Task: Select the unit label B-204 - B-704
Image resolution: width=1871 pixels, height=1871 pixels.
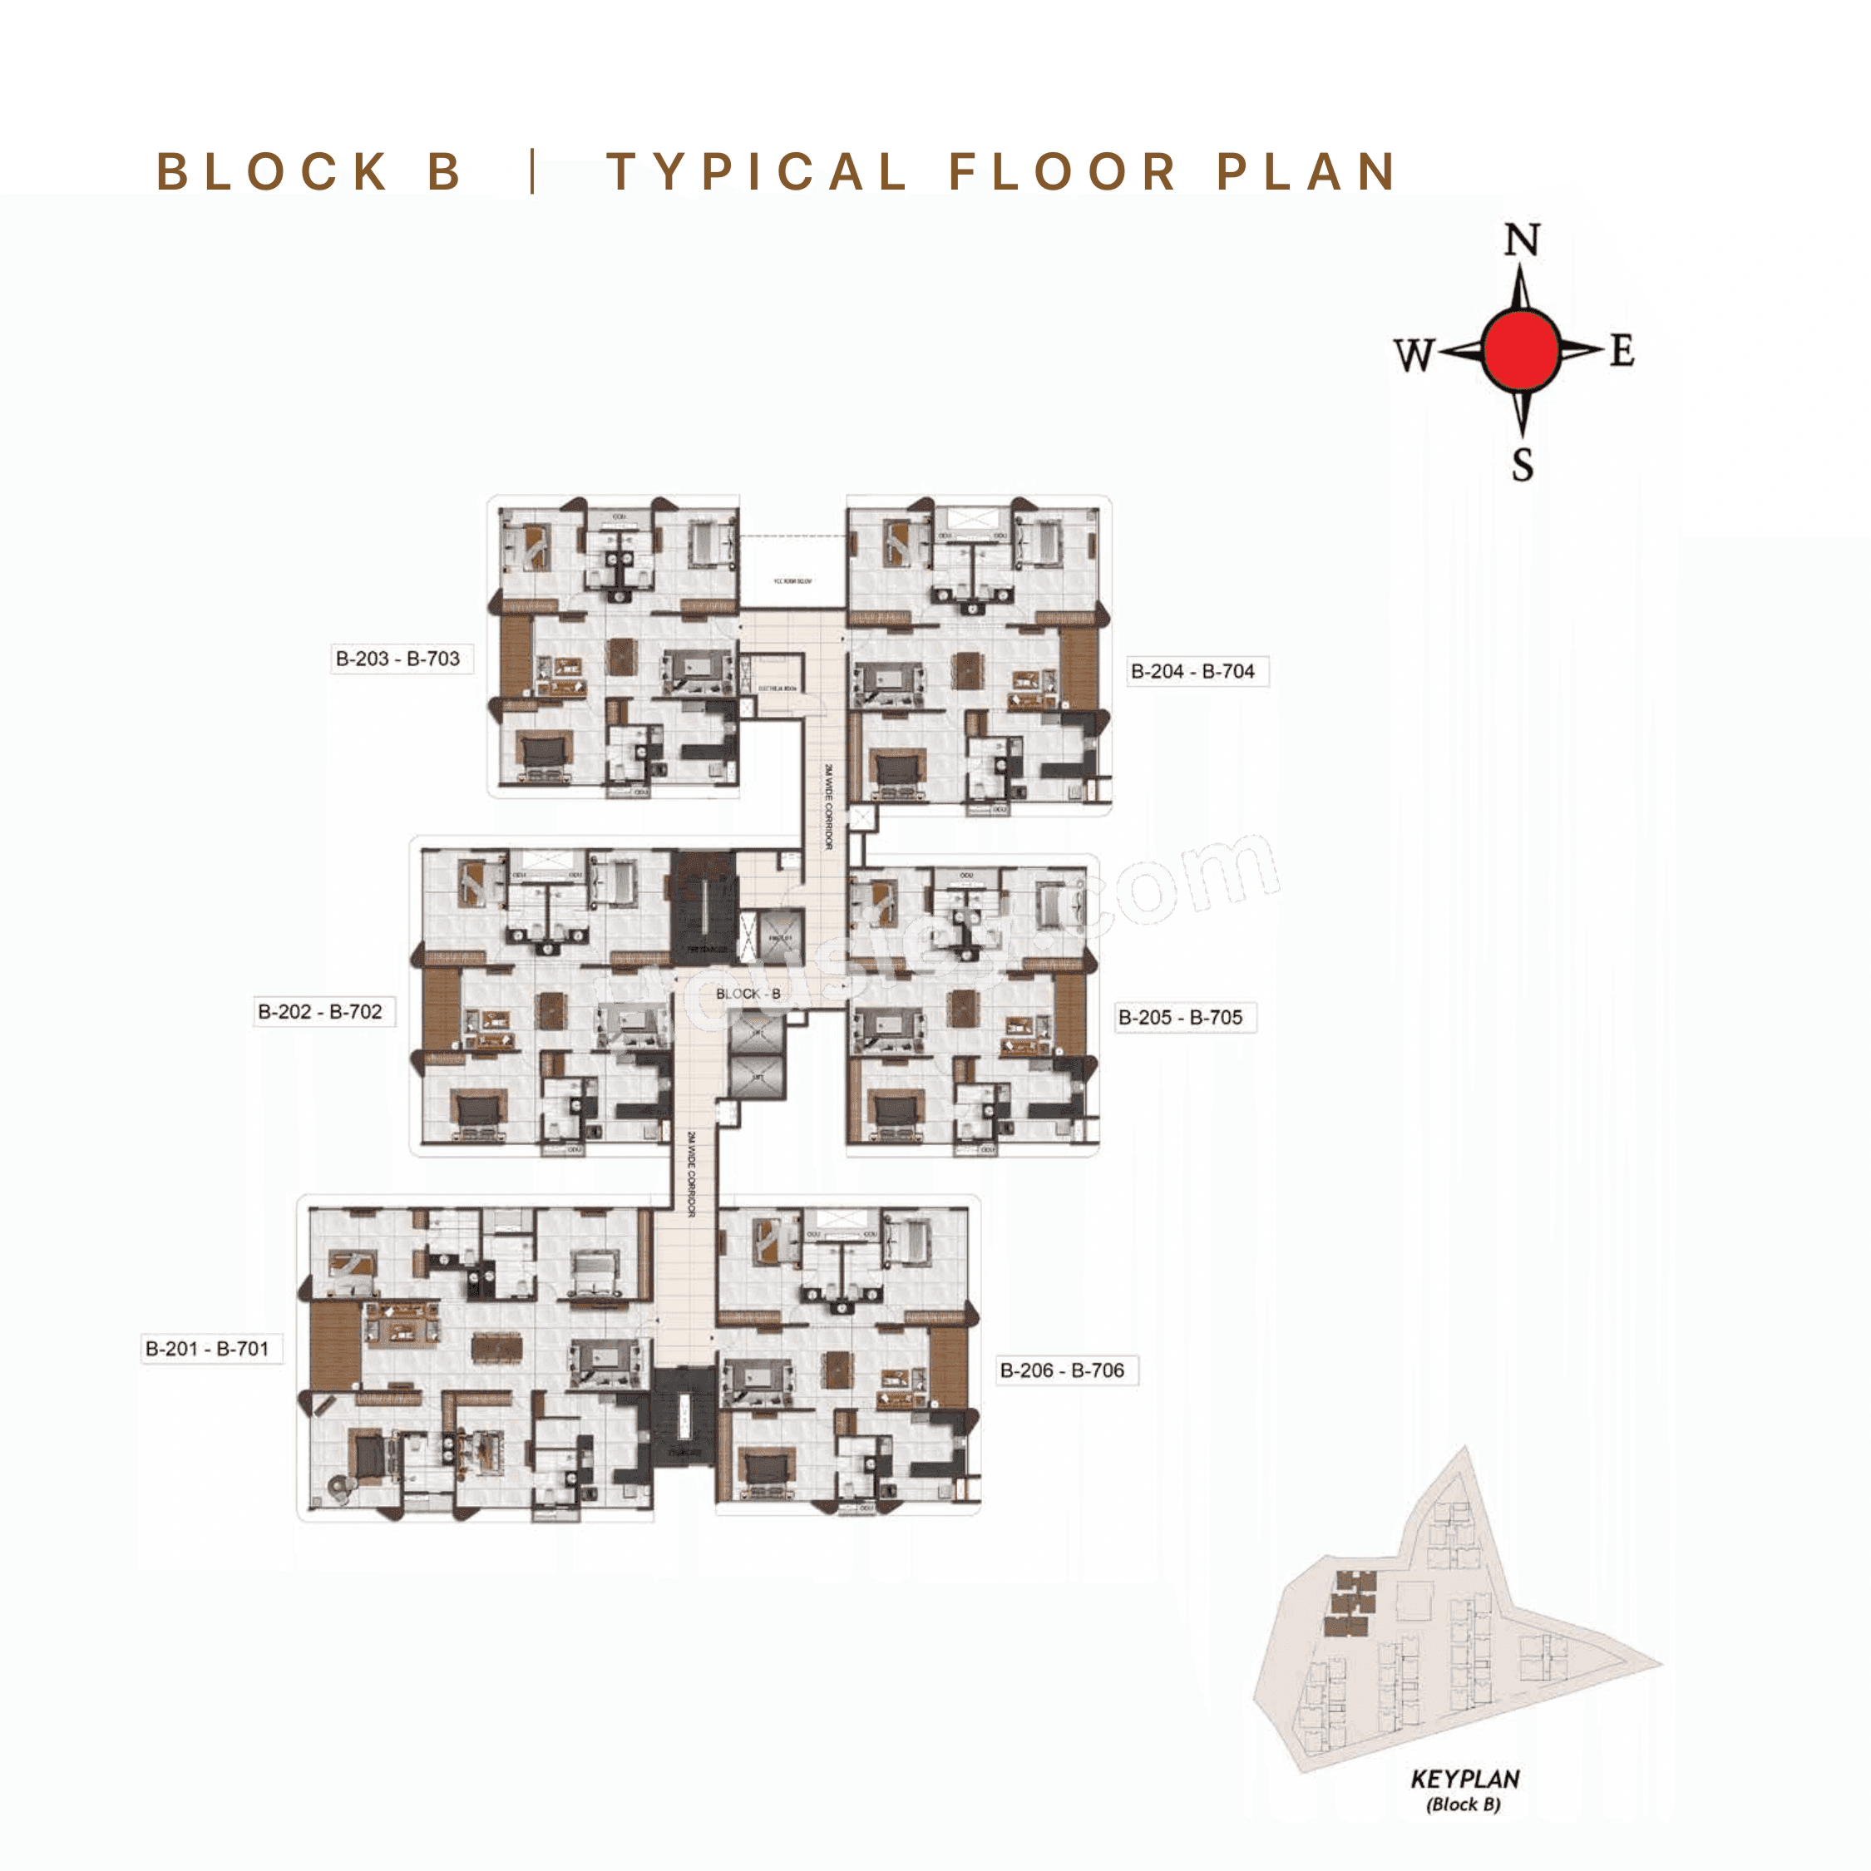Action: [1192, 671]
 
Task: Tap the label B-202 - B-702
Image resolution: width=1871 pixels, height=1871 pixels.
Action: [319, 1011]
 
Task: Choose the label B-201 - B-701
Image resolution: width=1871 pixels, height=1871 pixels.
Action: [206, 1348]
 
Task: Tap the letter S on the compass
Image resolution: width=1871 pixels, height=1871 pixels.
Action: [1523, 465]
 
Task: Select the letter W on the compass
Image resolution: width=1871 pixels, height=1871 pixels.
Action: [1413, 354]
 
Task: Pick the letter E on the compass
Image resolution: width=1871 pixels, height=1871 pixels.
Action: [1623, 351]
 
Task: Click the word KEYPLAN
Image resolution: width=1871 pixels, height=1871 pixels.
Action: [1464, 1779]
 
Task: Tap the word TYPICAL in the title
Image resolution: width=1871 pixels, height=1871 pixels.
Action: [755, 172]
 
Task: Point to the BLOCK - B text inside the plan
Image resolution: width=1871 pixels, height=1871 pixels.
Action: [748, 994]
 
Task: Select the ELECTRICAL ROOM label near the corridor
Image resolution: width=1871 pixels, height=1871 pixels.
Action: [777, 688]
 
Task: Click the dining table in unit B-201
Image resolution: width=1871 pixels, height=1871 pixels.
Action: [496, 1347]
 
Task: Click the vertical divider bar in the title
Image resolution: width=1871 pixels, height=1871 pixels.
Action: [533, 171]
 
